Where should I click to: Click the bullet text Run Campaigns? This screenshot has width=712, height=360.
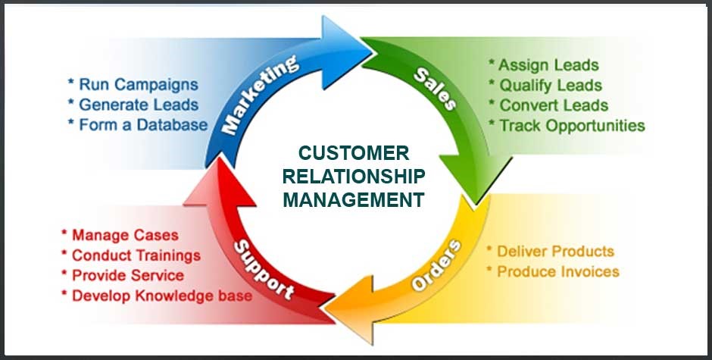pos(133,84)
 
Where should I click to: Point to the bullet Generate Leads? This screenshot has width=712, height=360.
pos(133,105)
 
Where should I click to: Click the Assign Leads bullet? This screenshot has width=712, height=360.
pos(544,65)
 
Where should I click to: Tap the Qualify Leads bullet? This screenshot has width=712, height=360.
pos(545,85)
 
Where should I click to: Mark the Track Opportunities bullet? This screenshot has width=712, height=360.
pos(567,126)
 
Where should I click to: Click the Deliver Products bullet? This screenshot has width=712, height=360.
pos(550,251)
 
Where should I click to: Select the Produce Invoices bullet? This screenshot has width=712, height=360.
pos(553,271)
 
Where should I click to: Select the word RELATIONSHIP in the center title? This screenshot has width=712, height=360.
pos(354,177)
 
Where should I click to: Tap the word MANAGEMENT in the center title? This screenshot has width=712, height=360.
pos(354,200)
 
